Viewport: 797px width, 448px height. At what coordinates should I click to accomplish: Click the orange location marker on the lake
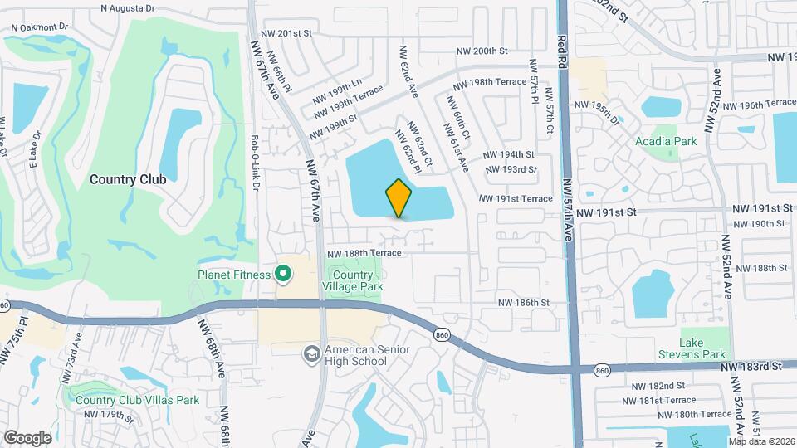[398, 198]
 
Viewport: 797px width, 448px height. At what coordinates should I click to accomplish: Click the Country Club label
[128, 179]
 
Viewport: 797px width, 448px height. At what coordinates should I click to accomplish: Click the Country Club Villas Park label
[137, 400]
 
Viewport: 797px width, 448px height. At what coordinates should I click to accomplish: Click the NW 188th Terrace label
[364, 254]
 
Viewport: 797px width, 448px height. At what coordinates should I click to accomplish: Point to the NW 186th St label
[523, 304]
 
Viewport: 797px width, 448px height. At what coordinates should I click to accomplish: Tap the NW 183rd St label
[751, 366]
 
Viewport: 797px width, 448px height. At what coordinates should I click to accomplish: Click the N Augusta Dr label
[128, 7]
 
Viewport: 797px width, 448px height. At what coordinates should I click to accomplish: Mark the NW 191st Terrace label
[516, 199]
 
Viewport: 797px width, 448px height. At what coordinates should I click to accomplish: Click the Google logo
[27, 437]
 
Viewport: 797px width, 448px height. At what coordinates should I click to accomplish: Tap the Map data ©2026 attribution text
[760, 441]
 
